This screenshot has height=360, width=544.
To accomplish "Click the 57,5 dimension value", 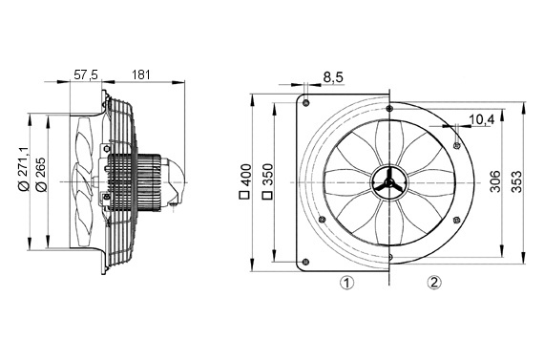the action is pos(86,74).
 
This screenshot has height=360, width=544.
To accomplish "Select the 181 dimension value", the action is pos(141,74).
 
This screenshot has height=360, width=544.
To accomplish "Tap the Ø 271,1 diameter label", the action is pos(24,168).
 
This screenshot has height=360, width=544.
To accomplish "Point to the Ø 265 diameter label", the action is pos(41,175).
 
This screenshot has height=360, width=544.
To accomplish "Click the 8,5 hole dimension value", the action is pos(333,77).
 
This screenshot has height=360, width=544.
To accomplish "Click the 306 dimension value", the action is pos(495,181).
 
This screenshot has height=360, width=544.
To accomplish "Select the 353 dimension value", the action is pos(517,181).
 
